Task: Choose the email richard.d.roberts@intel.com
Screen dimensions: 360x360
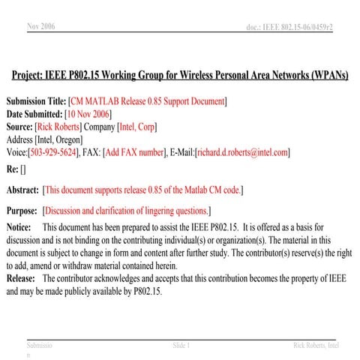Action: click(x=242, y=152)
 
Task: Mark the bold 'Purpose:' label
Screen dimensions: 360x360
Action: click(x=22, y=211)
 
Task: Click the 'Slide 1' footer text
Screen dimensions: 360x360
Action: click(x=181, y=345)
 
